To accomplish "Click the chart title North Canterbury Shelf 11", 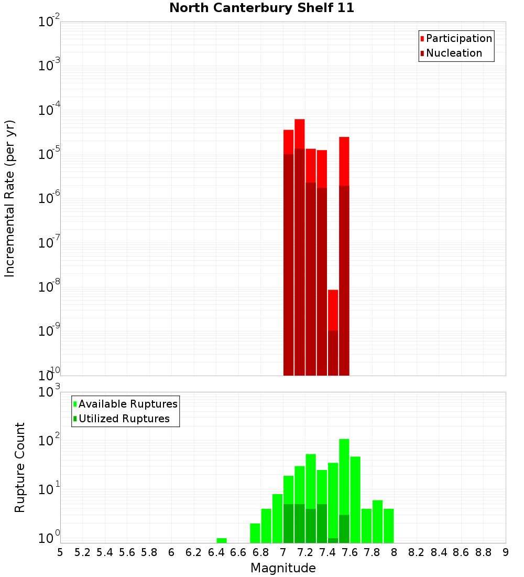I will click(261, 8).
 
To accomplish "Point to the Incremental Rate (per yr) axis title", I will click(9, 198).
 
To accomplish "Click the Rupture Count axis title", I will click(20, 467).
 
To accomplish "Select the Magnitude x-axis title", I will click(283, 568).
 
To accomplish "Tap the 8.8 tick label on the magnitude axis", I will click(483, 552).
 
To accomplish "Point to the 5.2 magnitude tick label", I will click(82, 552).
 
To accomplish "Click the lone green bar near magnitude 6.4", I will click(222, 540).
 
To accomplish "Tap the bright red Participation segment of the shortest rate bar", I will click(333, 309).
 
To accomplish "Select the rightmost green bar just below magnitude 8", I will click(389, 525).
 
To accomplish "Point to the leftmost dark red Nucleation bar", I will click(288, 262).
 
